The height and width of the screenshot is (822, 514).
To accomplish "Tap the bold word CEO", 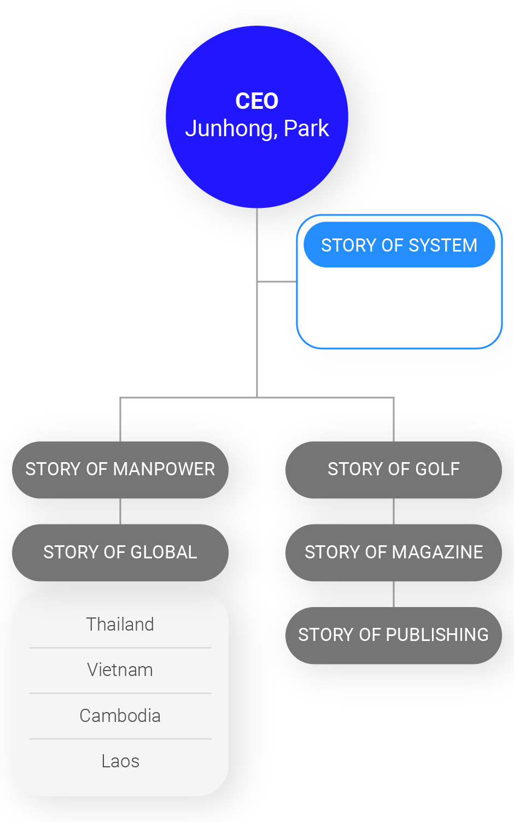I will pyautogui.click(x=257, y=101).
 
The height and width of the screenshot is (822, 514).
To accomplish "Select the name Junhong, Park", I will pyautogui.click(x=257, y=129).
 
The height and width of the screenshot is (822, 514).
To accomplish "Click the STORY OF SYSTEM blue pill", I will pyautogui.click(x=399, y=245).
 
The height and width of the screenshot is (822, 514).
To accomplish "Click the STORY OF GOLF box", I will pyautogui.click(x=394, y=469).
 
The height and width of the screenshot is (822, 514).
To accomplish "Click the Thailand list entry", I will pyautogui.click(x=120, y=624).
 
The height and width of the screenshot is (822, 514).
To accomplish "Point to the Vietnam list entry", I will pyautogui.click(x=120, y=670).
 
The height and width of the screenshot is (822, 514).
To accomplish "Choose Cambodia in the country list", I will pyautogui.click(x=120, y=715).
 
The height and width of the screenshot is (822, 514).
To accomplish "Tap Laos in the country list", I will pyautogui.click(x=120, y=761).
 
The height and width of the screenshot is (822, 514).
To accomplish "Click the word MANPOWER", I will pyautogui.click(x=164, y=469).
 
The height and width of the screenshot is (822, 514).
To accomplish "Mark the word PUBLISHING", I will pyautogui.click(x=437, y=635).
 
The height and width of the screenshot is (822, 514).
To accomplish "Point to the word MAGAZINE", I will pyautogui.click(x=438, y=552).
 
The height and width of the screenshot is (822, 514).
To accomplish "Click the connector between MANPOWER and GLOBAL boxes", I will pyautogui.click(x=120, y=511).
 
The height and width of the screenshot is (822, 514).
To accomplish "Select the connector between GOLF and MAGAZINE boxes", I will pyautogui.click(x=394, y=511).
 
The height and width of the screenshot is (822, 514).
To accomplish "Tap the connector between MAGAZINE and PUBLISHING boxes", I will pyautogui.click(x=394, y=594).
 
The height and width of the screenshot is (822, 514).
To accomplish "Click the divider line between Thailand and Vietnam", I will pyautogui.click(x=120, y=648).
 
